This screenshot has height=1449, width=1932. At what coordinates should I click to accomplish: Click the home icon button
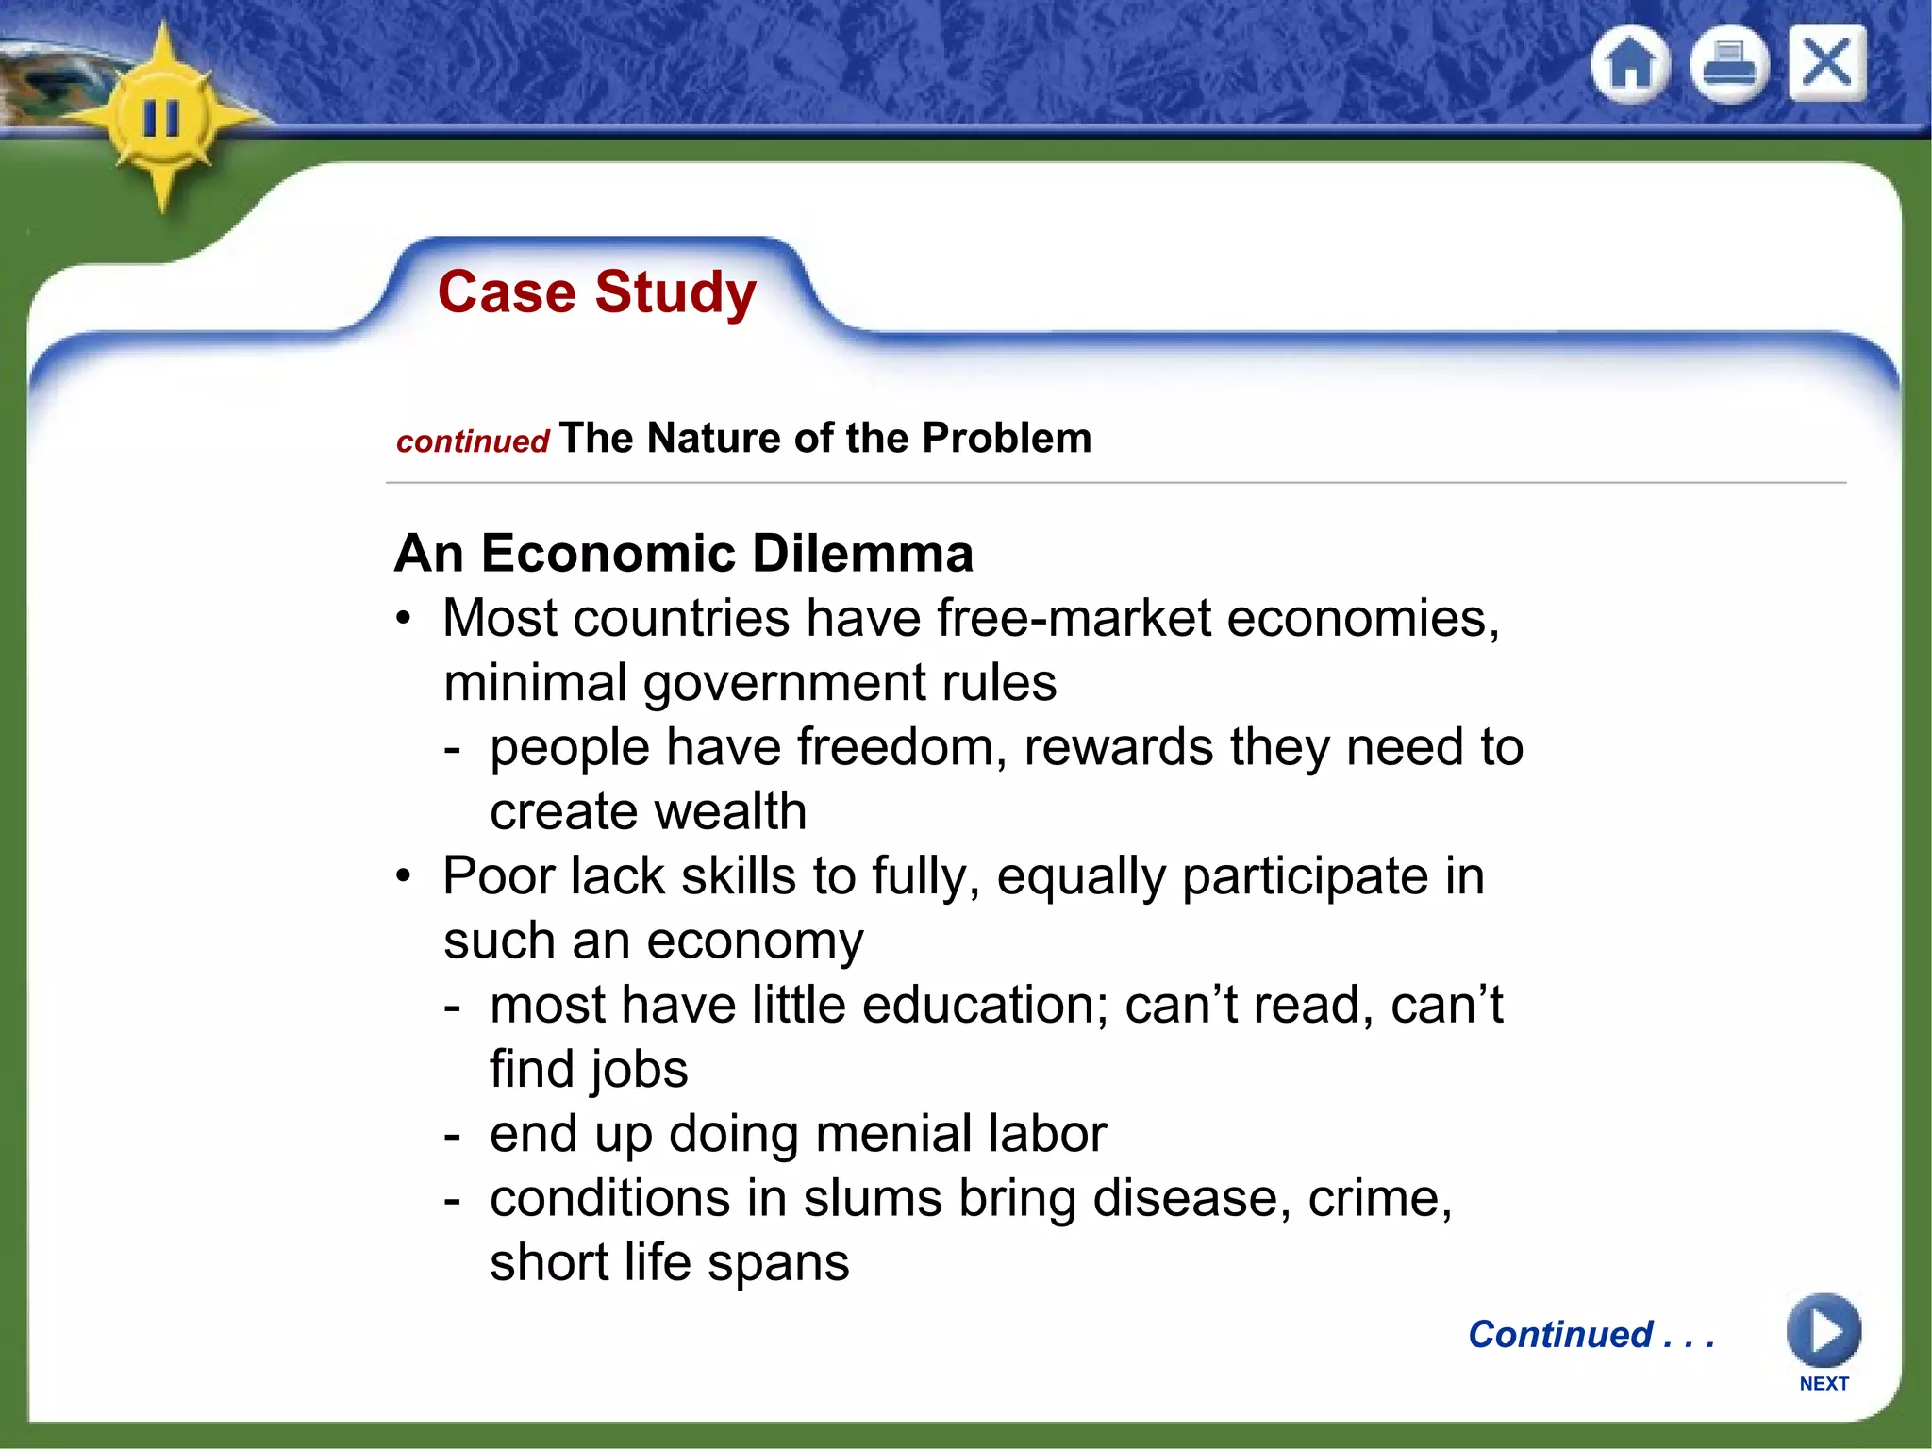pyautogui.click(x=1629, y=65)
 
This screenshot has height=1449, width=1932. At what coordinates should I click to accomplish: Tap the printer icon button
pyautogui.click(x=1728, y=65)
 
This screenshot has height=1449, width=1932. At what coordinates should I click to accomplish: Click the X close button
pyautogui.click(x=1826, y=63)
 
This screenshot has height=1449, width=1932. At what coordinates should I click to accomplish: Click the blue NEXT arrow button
pyautogui.click(x=1823, y=1331)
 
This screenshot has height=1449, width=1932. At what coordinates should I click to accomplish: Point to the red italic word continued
pyautogui.click(x=473, y=441)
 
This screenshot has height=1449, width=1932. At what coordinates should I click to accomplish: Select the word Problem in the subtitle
pyautogui.click(x=1006, y=438)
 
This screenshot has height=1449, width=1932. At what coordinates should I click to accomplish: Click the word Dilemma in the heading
pyautogui.click(x=862, y=553)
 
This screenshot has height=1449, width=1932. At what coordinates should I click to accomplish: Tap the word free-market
pyautogui.click(x=1074, y=619)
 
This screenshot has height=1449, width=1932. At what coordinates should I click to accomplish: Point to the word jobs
pyautogui.click(x=639, y=1070)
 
